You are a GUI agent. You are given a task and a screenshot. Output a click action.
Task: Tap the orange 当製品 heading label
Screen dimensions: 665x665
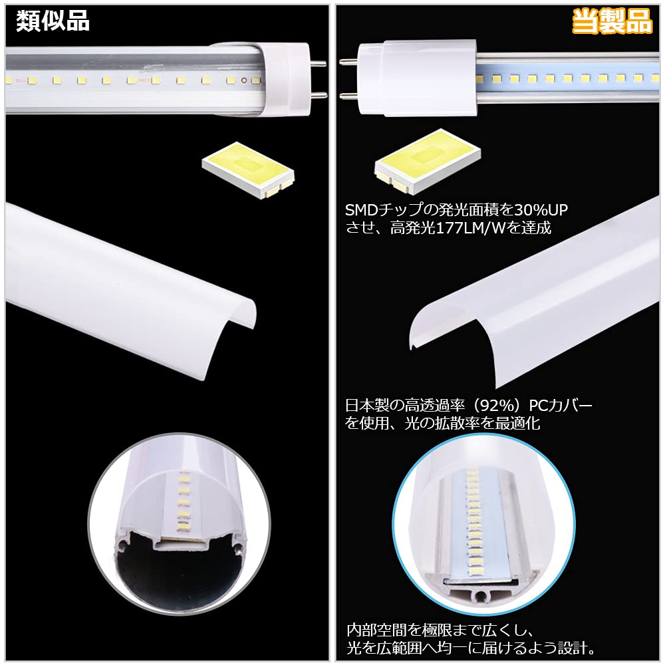(x=612, y=22)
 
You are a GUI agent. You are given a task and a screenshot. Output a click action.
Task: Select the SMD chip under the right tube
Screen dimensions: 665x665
(x=426, y=165)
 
